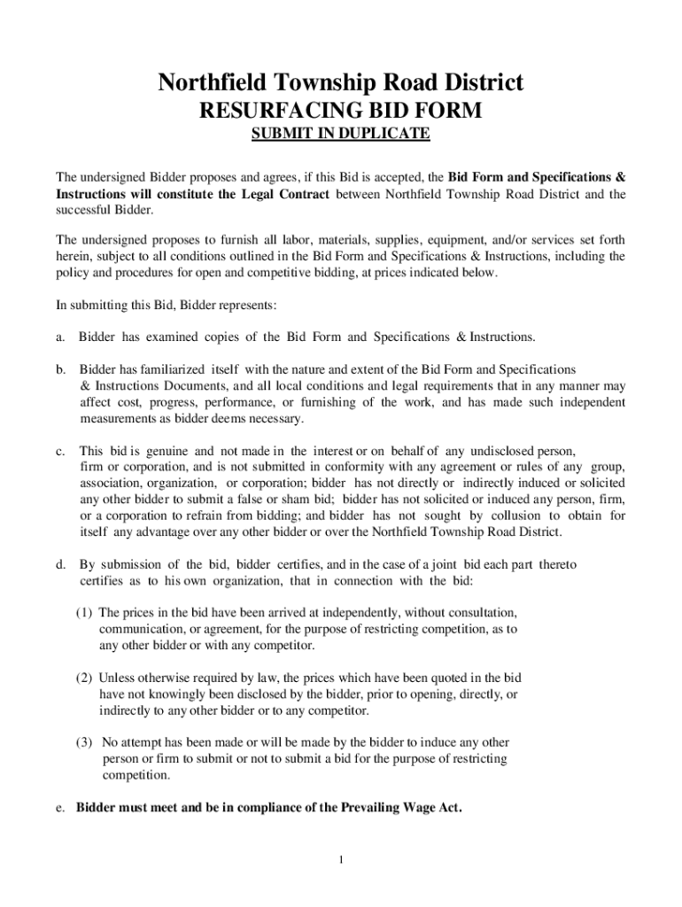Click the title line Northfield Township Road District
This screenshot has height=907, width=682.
point(340,83)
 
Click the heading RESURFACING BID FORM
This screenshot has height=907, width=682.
point(340,112)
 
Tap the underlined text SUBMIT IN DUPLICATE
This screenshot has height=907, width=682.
point(340,135)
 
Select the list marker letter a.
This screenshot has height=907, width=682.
point(59,337)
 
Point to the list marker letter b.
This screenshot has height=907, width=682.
point(59,369)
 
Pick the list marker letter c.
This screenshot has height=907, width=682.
point(59,451)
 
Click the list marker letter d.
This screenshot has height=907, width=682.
point(59,564)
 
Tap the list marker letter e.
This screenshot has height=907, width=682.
point(59,808)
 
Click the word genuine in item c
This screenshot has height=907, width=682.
point(146,451)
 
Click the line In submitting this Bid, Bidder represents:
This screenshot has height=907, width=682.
point(167,306)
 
